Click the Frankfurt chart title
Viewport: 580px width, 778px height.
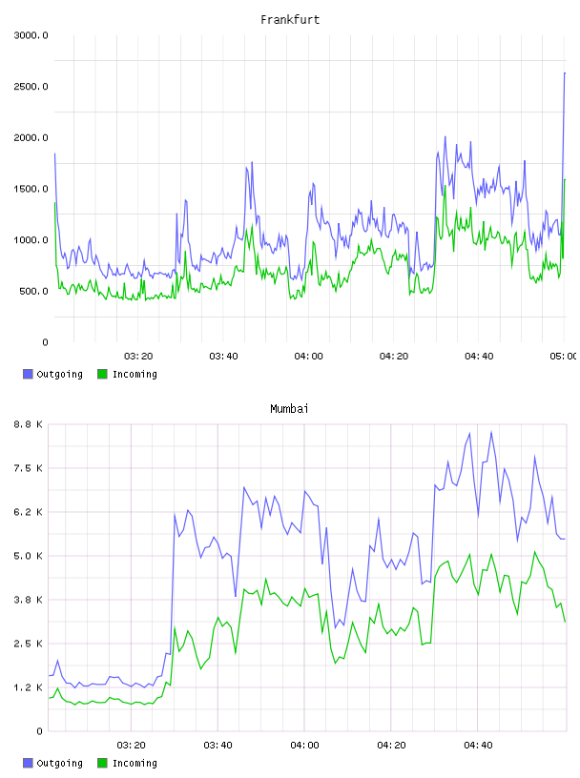(290, 20)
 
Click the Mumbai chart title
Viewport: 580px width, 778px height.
(289, 409)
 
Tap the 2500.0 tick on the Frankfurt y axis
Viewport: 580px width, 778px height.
(31, 87)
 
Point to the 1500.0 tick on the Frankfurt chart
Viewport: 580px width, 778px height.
(31, 189)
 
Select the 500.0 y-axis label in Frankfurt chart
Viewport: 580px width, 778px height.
(33, 291)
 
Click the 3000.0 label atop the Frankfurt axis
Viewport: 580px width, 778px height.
(31, 35)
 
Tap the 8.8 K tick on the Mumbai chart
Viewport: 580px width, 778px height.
(28, 424)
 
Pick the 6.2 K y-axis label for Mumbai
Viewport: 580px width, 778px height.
(28, 512)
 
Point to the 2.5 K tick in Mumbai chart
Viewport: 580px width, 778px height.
(28, 644)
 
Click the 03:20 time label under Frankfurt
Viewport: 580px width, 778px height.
(138, 357)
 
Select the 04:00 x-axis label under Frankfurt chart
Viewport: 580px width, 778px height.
(308, 357)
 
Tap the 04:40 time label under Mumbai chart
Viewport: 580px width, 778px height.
(478, 746)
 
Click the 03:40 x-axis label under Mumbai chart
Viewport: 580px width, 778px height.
(218, 746)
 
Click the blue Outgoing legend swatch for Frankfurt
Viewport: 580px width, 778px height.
(28, 374)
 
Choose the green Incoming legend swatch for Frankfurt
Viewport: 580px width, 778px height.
(102, 374)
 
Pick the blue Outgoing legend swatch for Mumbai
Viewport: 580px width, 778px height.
(28, 763)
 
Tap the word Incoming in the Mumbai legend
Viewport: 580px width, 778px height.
(135, 763)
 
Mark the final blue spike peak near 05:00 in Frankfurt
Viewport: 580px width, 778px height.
(565, 72)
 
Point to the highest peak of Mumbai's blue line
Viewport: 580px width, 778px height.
(491, 432)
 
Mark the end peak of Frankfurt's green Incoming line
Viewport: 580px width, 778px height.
(565, 179)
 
